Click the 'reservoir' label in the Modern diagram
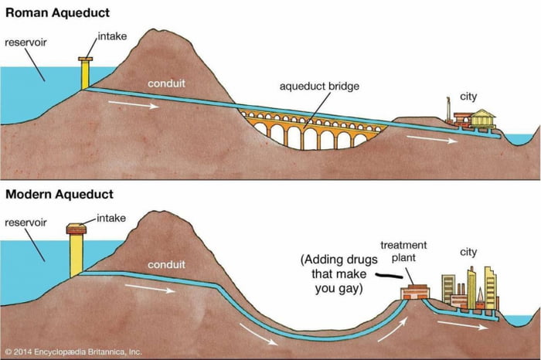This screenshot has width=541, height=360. pyautogui.click(x=26, y=222)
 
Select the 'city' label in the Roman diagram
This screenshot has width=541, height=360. pyautogui.click(x=468, y=97)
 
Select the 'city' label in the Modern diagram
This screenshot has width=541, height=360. pyautogui.click(x=469, y=252)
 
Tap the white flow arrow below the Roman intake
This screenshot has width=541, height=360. pyautogui.click(x=139, y=104)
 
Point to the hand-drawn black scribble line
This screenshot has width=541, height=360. pyautogui.click(x=390, y=274)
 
